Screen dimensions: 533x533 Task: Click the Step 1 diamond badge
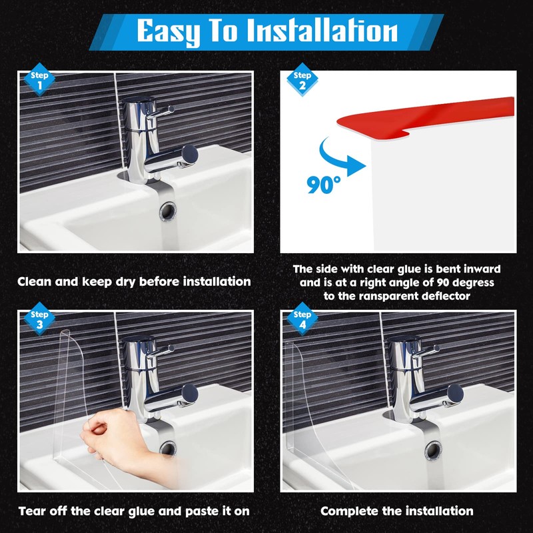39,79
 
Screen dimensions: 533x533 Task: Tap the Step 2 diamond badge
302,79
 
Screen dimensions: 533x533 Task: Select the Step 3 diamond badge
39,319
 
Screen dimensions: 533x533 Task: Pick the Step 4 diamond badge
302,319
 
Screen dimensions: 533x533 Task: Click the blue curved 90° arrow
331,159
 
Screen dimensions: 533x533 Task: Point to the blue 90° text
324,185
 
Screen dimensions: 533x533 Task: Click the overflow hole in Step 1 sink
169,211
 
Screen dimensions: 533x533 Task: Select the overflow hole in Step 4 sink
434,450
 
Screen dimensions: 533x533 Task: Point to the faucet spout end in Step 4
456,394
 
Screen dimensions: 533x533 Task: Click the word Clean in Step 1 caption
35,281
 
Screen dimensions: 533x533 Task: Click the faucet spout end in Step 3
190,394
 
